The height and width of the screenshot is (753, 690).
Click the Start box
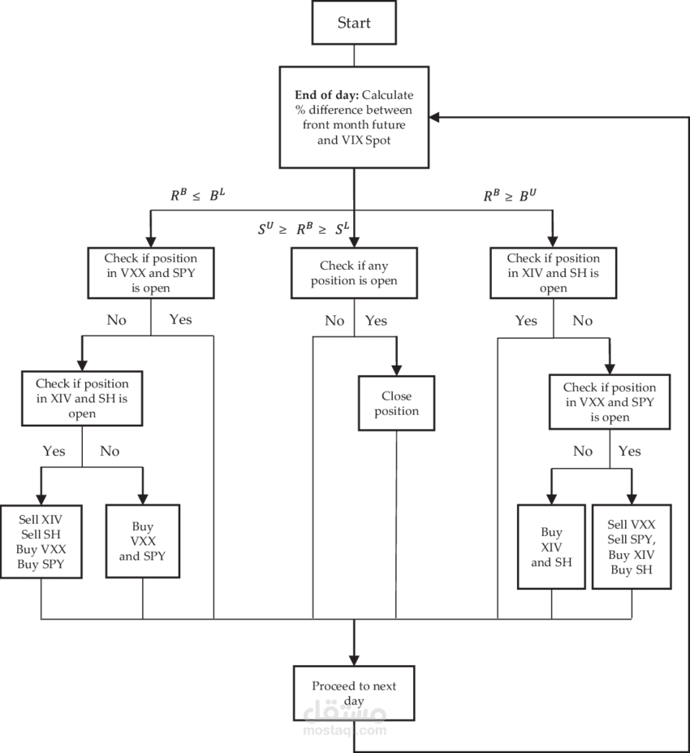pyautogui.click(x=354, y=23)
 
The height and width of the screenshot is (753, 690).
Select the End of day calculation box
pyautogui.click(x=354, y=117)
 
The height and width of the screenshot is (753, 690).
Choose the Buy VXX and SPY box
pyautogui.click(x=143, y=541)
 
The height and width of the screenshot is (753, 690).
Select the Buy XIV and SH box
pyautogui.click(x=551, y=547)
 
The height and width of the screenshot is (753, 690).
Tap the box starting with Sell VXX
pyautogui.click(x=632, y=547)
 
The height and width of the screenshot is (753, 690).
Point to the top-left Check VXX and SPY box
pyautogui.click(x=151, y=273)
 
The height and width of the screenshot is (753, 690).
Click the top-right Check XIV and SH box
pyautogui.click(x=553, y=273)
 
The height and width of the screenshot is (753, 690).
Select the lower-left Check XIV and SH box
pyautogui.click(x=82, y=397)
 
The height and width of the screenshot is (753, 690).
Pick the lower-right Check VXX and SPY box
pyautogui.click(x=610, y=401)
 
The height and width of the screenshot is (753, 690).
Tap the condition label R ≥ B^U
pyautogui.click(x=509, y=195)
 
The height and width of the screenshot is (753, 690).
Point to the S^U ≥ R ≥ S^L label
pyautogui.click(x=303, y=230)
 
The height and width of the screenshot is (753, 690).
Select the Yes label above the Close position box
pyautogui.click(x=376, y=320)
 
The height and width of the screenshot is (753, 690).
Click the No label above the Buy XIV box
pyautogui.click(x=582, y=451)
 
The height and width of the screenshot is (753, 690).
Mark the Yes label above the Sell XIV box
pyautogui.click(x=54, y=450)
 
